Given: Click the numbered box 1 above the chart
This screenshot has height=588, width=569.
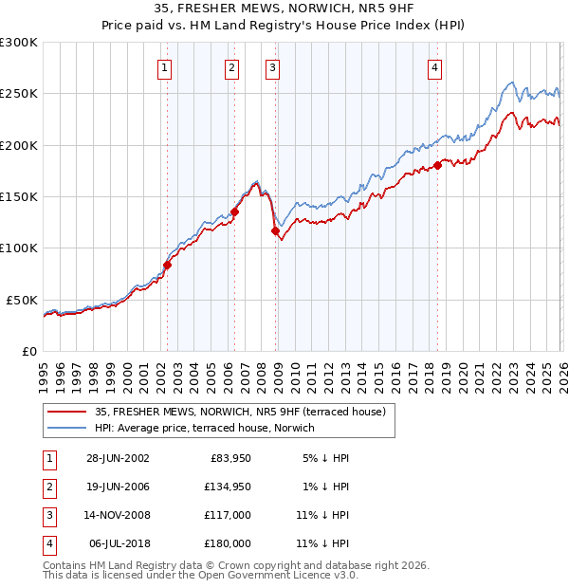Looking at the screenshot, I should tap(165, 67).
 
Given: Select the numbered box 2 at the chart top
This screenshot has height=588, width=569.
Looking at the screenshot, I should tap(231, 67).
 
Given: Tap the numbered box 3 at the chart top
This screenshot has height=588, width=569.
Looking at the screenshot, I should tap(272, 67).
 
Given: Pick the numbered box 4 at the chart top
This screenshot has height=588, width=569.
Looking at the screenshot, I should tap(433, 67).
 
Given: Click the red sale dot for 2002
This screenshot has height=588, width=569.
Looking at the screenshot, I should tap(168, 265).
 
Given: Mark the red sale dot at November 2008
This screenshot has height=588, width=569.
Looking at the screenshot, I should tap(275, 230).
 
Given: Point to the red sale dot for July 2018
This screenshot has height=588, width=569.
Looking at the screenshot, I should tap(437, 166).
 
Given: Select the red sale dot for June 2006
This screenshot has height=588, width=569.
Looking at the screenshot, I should tap(234, 212).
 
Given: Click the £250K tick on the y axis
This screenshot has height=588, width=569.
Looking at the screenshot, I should tap(20, 94).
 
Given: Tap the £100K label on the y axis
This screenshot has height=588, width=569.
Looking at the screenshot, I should tap(20, 248).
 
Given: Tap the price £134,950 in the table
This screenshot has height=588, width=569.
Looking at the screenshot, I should tap(228, 487).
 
